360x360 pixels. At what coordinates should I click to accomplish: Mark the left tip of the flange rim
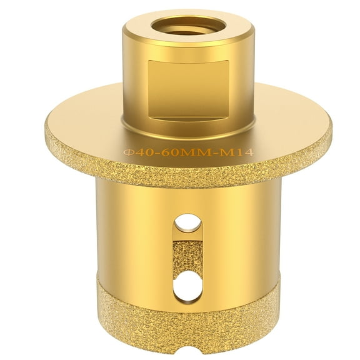45,131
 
